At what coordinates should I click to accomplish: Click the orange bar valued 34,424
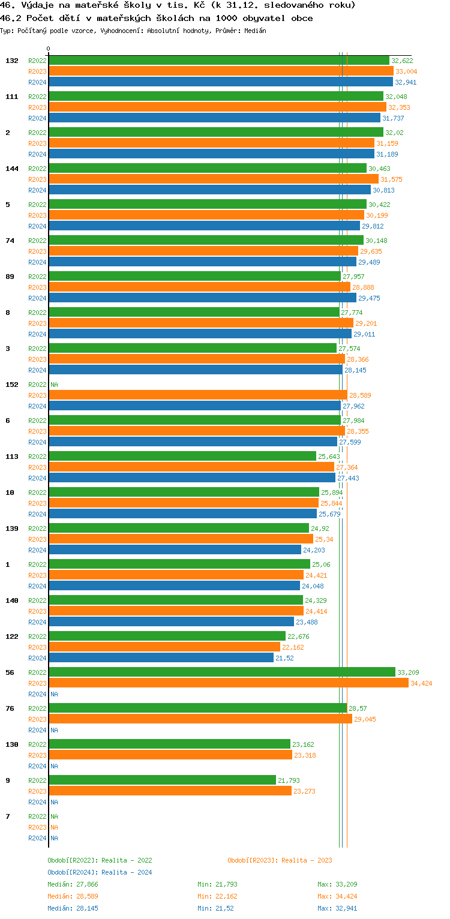click(228, 683)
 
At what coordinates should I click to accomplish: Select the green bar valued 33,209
click(222, 672)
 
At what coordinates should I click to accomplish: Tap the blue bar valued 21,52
click(161, 658)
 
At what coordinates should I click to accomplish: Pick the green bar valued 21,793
click(162, 780)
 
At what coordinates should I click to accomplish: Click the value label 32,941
click(406, 82)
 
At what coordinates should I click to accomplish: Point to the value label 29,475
click(369, 298)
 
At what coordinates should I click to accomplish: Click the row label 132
click(12, 61)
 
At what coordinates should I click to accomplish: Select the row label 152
click(12, 385)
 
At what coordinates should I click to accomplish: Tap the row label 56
click(10, 672)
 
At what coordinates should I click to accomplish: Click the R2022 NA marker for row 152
click(54, 385)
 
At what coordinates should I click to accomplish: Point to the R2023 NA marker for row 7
click(54, 827)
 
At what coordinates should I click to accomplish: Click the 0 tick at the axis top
click(49, 49)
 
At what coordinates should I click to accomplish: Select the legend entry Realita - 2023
click(280, 860)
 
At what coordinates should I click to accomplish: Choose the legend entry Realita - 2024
click(100, 872)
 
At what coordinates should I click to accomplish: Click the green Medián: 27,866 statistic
click(70, 884)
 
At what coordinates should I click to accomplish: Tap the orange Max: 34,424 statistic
click(337, 896)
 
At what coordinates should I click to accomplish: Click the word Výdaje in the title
click(37, 5)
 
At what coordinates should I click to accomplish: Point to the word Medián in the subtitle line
click(255, 31)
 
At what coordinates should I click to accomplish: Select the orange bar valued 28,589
click(198, 395)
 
